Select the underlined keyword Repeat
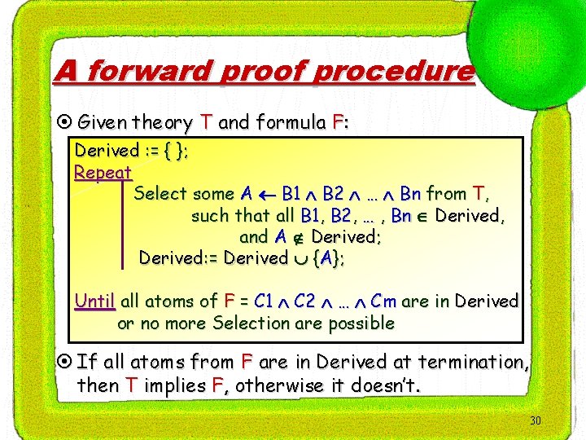pos(103,172)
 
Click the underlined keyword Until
pos(95,301)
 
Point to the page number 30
pos(535,420)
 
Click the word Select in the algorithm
pos(160,194)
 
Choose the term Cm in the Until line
pos(383,301)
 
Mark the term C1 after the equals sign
pos(264,301)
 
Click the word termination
pos(472,361)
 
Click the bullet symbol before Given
pos(65,123)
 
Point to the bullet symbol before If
pos(65,362)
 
